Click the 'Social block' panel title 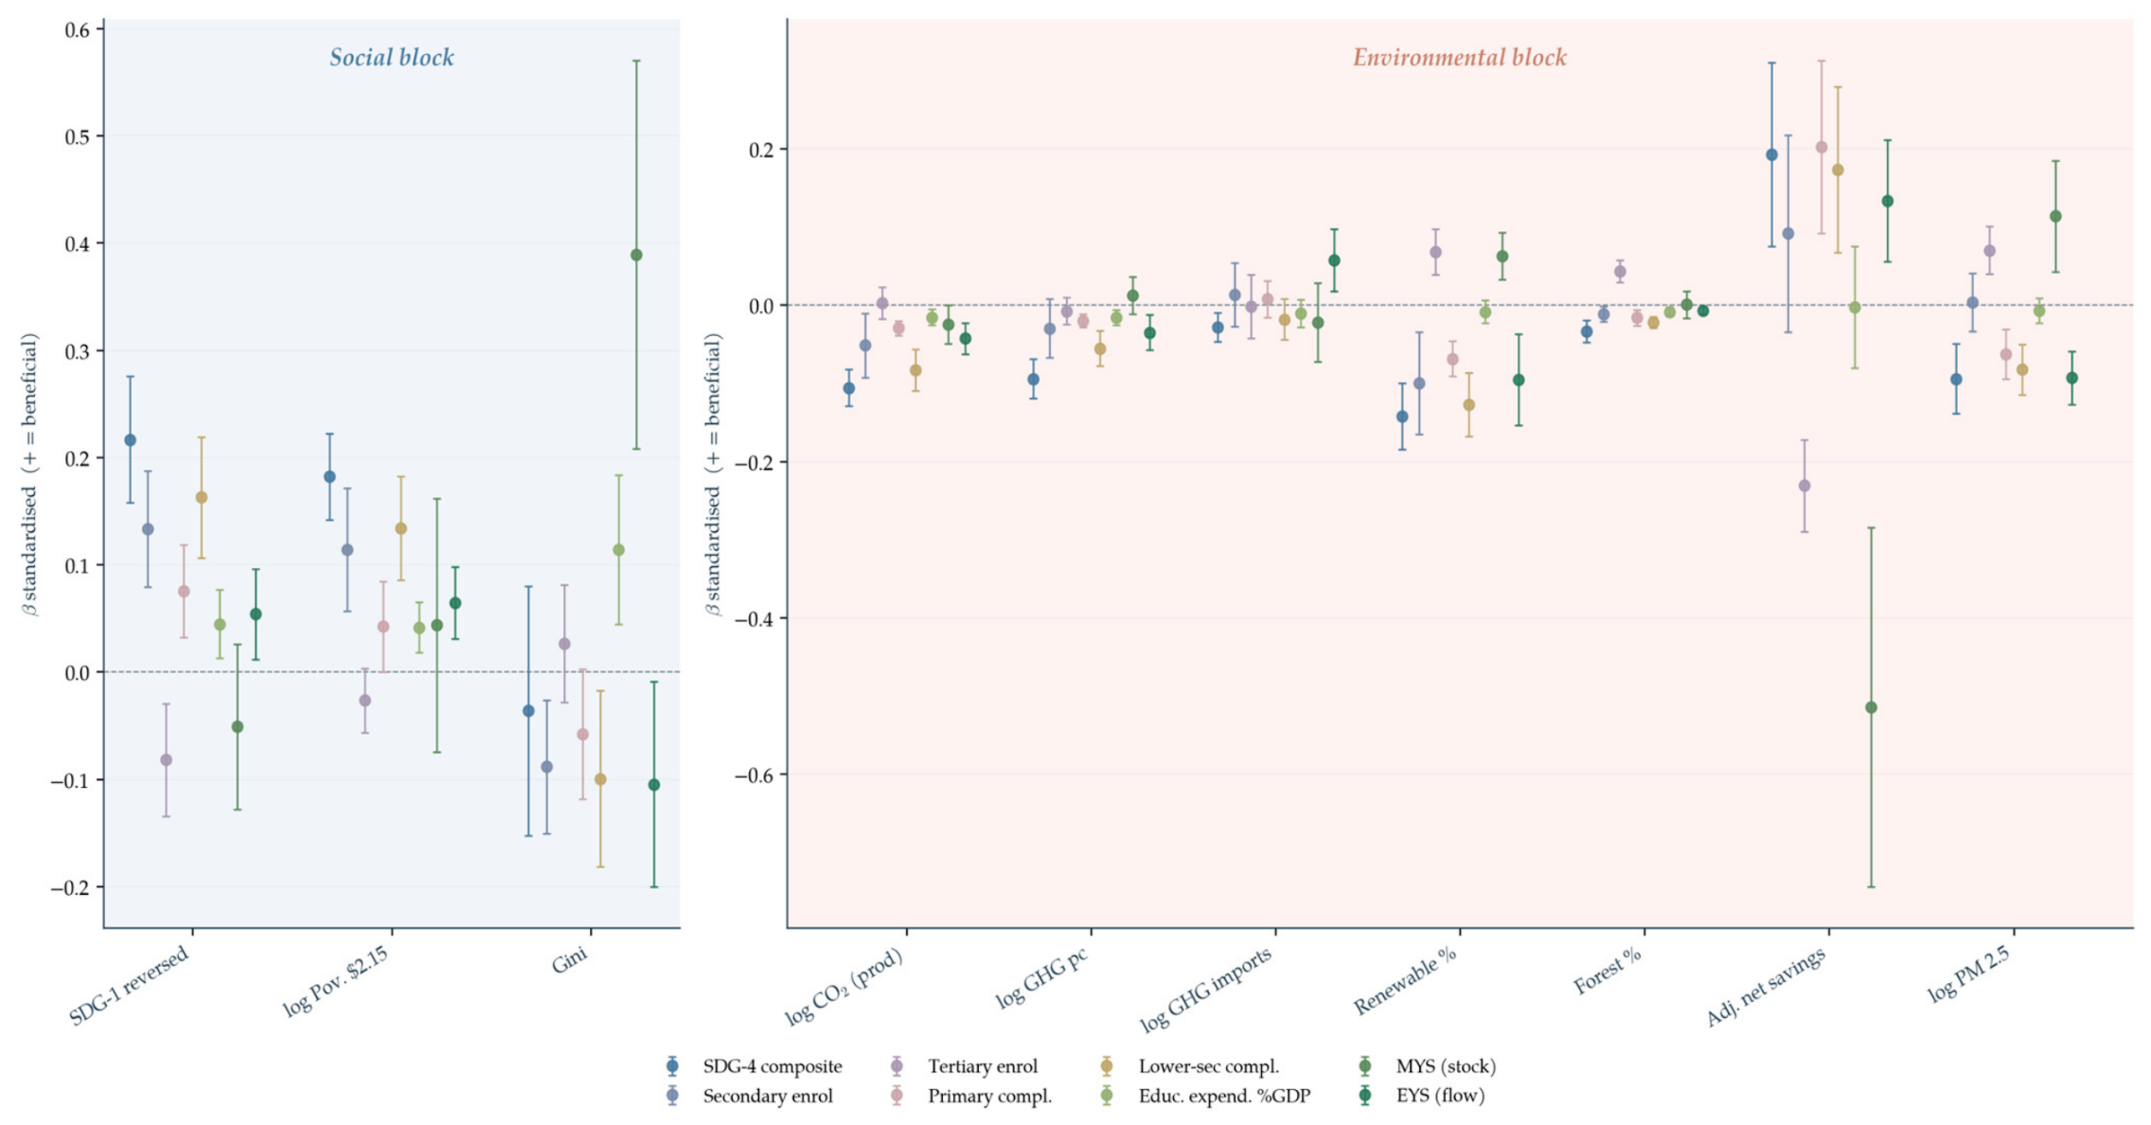(x=392, y=58)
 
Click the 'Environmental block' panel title (x=1459, y=58)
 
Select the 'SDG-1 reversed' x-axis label (x=129, y=985)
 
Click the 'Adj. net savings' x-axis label (x=1766, y=987)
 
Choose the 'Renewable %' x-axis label (x=1406, y=980)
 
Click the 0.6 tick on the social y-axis (x=77, y=30)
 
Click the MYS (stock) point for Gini (x=636, y=255)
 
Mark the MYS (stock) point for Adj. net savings (x=1871, y=708)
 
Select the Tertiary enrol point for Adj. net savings (x=1804, y=486)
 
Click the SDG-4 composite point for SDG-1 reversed (x=130, y=440)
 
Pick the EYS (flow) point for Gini (x=654, y=785)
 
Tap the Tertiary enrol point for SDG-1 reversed (x=166, y=760)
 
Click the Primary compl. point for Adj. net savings (x=1821, y=147)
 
